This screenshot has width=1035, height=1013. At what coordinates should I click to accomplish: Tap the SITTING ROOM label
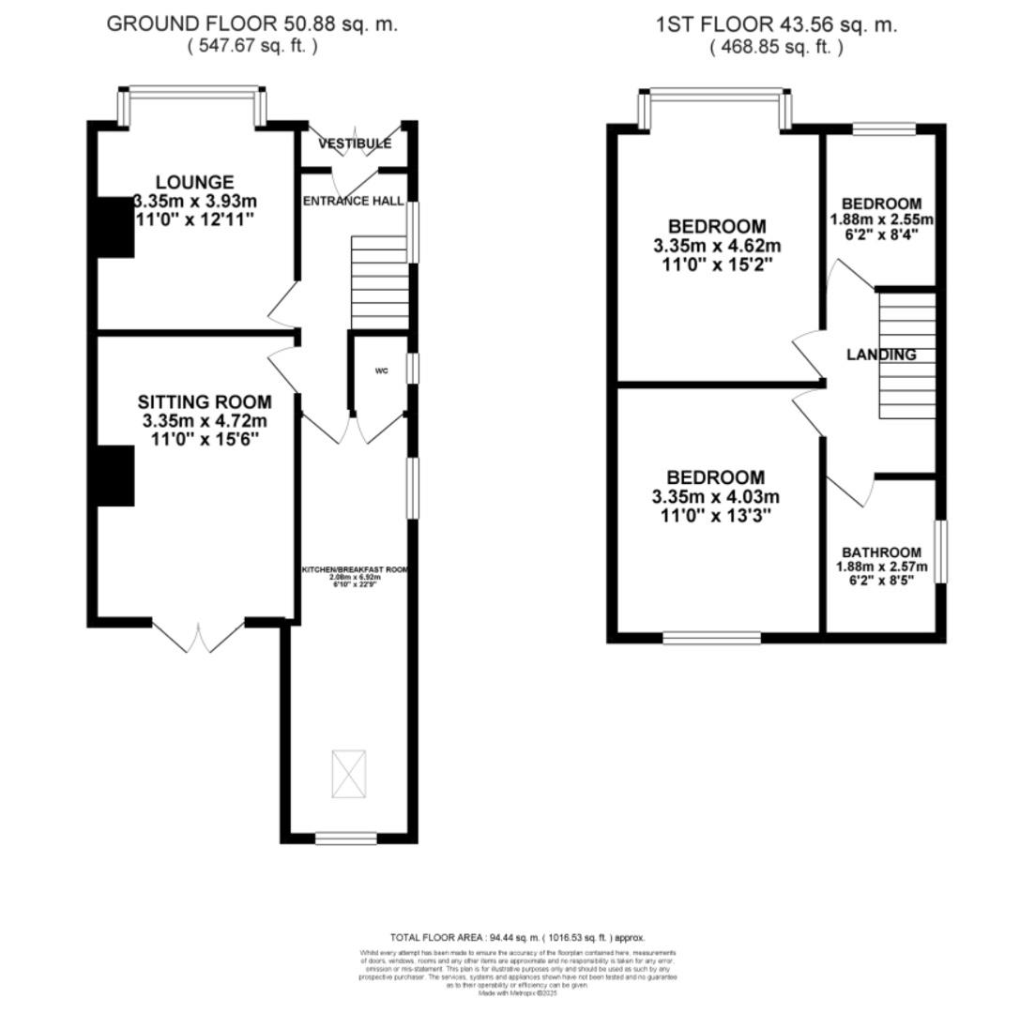tap(205, 401)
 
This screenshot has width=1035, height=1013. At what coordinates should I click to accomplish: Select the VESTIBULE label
tap(354, 144)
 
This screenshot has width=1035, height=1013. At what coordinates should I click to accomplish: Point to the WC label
tap(381, 371)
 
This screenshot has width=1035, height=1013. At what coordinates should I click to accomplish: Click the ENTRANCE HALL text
tap(353, 201)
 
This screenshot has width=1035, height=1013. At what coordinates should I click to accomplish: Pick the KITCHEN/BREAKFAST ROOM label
tap(355, 569)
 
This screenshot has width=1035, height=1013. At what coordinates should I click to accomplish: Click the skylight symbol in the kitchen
tap(349, 774)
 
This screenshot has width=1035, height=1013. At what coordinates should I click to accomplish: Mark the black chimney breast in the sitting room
tap(115, 476)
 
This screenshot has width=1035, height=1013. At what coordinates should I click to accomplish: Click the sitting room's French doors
tap(198, 637)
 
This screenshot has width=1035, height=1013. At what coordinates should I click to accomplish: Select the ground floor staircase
tap(380, 282)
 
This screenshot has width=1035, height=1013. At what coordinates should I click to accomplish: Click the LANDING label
tap(881, 355)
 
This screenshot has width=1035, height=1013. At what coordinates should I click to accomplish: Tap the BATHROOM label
tap(881, 552)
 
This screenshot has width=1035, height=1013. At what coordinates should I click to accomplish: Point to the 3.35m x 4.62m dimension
tap(717, 246)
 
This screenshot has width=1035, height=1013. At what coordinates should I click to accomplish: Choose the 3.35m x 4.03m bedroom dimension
tap(715, 497)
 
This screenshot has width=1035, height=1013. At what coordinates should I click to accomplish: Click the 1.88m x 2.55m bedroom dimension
tap(881, 219)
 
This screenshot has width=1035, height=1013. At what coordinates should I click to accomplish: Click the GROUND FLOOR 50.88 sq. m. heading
tap(251, 24)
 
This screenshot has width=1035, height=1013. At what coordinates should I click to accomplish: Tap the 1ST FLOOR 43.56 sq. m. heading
tap(776, 24)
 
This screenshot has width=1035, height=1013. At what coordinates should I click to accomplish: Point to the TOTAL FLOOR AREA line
tap(517, 937)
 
